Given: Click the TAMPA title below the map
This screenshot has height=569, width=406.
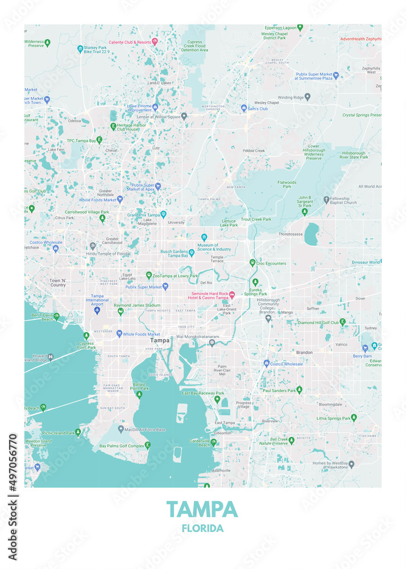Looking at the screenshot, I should [202, 509].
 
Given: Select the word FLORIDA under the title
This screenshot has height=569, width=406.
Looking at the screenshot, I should [202, 528].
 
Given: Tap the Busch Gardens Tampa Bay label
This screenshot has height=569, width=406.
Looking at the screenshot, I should [174, 253].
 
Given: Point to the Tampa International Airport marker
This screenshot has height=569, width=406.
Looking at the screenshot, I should [97, 310].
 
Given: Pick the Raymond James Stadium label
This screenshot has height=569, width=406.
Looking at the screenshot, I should [137, 306].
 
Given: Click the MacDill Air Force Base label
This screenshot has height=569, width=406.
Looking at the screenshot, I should [146, 430].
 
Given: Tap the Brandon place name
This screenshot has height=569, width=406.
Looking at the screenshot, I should [304, 352].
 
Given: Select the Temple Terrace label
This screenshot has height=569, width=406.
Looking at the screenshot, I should [217, 259].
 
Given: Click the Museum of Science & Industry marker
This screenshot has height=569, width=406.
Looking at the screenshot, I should [204, 237].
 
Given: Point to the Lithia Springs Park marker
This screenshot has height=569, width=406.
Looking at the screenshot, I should [354, 418].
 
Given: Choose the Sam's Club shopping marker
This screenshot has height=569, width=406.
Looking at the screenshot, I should [244, 108].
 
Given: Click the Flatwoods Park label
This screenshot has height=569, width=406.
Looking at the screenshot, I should [287, 184].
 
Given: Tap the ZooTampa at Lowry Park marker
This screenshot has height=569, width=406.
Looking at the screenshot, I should [148, 275].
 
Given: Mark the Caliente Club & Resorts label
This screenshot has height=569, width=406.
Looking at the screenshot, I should [130, 42].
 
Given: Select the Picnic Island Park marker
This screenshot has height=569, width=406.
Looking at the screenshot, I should [78, 432].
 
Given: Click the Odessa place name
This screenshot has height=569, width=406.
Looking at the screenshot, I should [74, 121].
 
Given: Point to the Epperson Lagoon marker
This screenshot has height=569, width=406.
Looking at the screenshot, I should [300, 27].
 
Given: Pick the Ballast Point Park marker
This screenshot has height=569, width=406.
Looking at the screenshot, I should [139, 394].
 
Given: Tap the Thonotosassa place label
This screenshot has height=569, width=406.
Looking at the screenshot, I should [291, 234].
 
